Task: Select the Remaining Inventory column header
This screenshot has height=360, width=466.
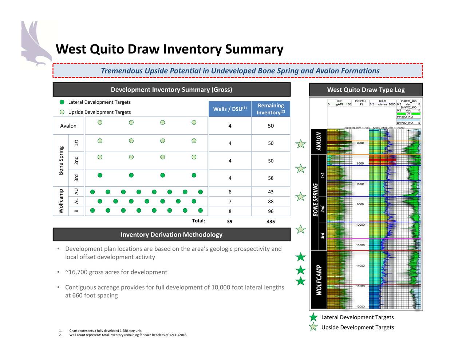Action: pos(270,109)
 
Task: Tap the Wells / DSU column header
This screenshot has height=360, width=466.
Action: pos(230,109)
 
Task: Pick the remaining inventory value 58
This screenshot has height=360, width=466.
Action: pos(270,178)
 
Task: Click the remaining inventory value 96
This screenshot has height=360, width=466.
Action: pos(270,211)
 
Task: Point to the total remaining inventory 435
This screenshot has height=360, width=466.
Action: pos(270,221)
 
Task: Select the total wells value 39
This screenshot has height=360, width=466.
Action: pos(230,221)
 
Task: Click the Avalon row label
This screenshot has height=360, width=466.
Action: pos(68,126)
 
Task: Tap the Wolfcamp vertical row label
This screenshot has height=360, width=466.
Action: pos(61,201)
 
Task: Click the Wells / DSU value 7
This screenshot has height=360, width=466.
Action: pos(230,202)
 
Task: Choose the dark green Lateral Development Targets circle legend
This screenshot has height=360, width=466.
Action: pos(62,102)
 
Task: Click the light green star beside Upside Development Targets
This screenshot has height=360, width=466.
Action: pos(313,327)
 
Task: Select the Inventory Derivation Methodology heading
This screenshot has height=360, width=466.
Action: pos(171,235)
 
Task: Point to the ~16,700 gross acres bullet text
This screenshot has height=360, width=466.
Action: pos(116,272)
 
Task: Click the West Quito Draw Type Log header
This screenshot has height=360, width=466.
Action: pos(366,90)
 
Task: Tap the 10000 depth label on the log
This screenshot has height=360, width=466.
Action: pos(360,225)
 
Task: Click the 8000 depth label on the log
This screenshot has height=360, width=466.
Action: pos(360,143)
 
